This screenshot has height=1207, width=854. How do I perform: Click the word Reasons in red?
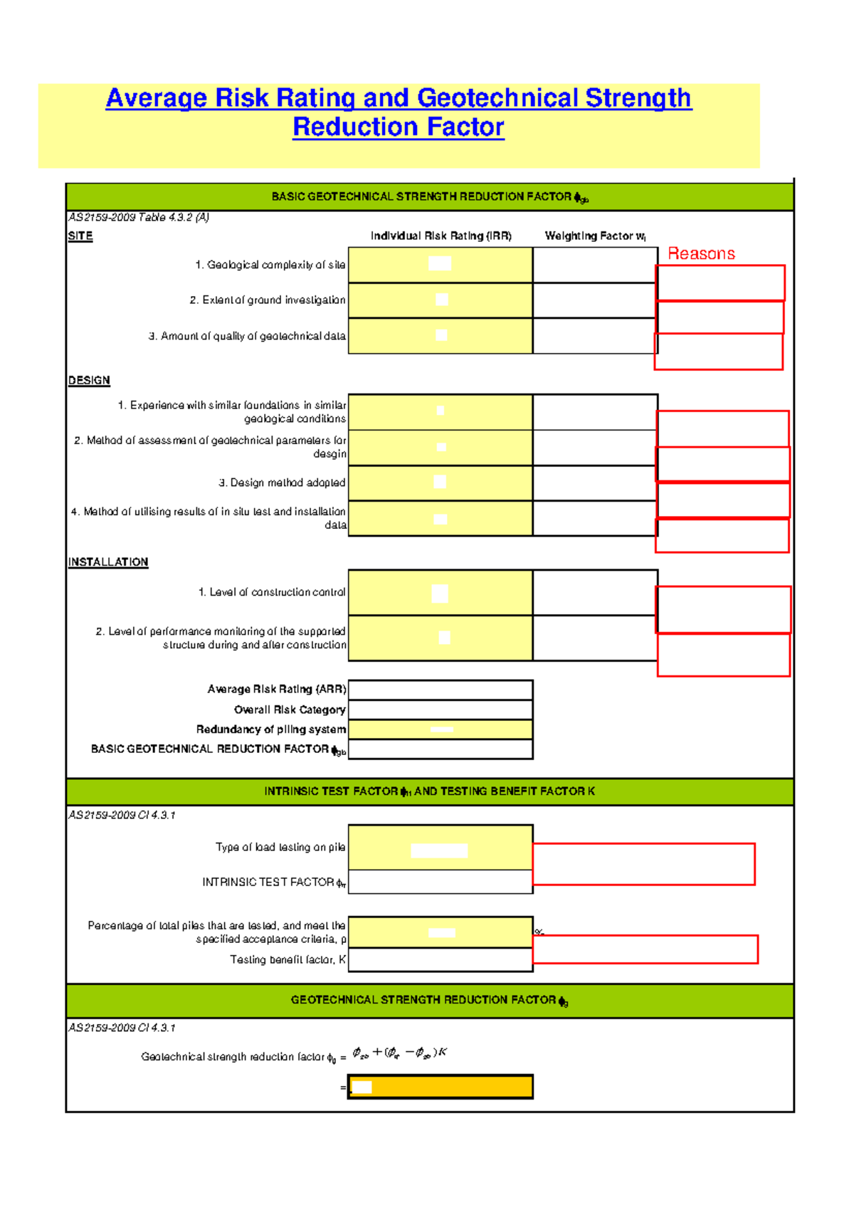click(701, 254)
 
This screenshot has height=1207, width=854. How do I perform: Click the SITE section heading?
click(80, 236)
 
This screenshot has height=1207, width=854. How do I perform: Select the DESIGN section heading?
click(89, 381)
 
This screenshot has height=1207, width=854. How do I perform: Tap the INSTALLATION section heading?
click(108, 562)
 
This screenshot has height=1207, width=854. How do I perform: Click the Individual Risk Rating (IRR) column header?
click(441, 236)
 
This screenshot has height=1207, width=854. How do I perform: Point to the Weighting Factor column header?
click(595, 236)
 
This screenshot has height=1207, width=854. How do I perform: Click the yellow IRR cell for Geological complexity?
click(441, 265)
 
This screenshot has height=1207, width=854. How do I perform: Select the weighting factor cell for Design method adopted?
click(595, 483)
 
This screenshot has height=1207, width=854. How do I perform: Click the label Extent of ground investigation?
click(268, 300)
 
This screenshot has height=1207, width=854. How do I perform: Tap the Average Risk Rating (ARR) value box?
click(441, 690)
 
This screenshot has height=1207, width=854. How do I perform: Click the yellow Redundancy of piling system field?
click(441, 729)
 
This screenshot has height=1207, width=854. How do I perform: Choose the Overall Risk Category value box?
click(441, 710)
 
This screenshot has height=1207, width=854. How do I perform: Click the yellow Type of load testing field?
click(441, 848)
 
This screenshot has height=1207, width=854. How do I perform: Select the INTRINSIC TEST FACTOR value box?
click(441, 882)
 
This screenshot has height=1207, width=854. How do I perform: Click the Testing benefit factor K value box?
click(441, 960)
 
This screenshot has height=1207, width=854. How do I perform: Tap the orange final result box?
click(441, 1087)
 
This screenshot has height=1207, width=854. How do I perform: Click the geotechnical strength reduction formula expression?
click(399, 1053)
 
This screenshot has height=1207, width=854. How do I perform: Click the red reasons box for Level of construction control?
click(723, 609)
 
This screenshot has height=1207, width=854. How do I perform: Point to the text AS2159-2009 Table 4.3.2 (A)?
click(139, 218)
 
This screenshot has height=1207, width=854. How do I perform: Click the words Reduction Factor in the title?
click(399, 127)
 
